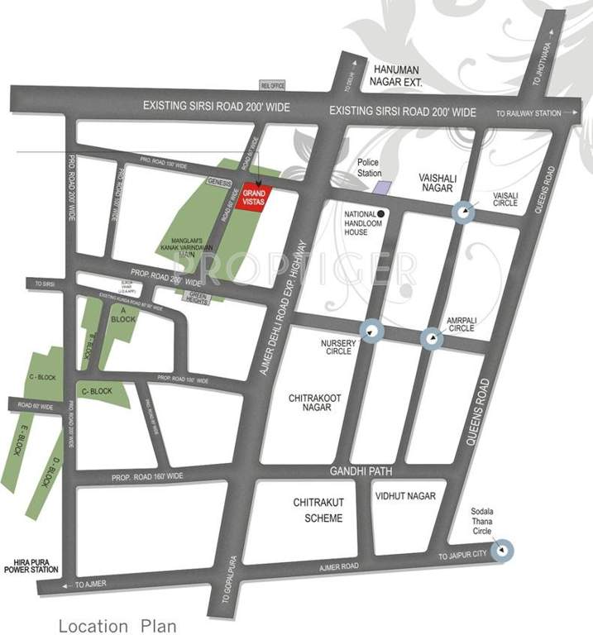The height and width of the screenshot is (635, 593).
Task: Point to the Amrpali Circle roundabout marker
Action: [431, 337]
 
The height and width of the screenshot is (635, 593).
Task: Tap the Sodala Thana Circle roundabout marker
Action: [503, 549]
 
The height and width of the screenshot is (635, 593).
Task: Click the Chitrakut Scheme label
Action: [317, 510]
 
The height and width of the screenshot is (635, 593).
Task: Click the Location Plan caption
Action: [117, 625]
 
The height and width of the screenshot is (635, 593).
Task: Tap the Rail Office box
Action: [272, 84]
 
